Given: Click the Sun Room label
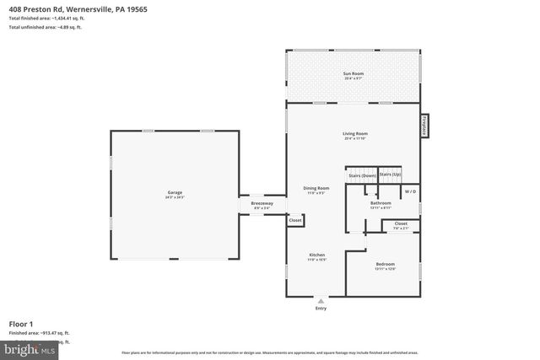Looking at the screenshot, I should point(354,74).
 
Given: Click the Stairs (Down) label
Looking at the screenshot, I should point(362,175).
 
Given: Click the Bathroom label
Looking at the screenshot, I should point(381,203).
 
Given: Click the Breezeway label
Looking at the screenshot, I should point(262,204).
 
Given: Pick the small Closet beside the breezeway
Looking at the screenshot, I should point(295,220).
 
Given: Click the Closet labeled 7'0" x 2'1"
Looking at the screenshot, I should point(400,224).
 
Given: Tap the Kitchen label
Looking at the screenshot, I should point(316,255).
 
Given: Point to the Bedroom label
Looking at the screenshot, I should point(384,265).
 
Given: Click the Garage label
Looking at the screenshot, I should point(174,193).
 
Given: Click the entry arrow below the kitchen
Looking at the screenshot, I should point(320,299).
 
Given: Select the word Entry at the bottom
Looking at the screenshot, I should point(320,308).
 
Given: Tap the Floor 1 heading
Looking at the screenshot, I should point(20,323).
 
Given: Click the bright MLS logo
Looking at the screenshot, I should point(30,347).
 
